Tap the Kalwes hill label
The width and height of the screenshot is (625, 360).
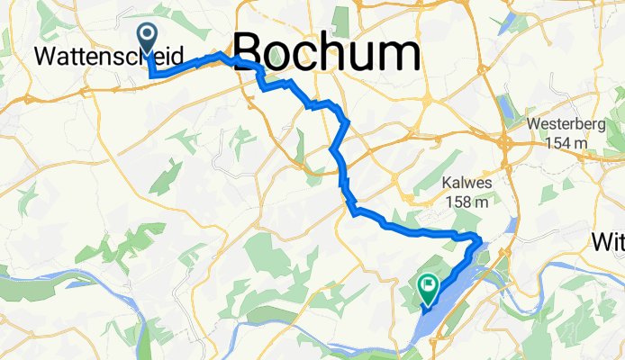pyautogui.click(x=466, y=183)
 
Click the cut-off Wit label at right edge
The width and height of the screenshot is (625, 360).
pyautogui.click(x=609, y=241)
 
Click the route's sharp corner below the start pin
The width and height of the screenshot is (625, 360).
pyautogui.click(x=151, y=76)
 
